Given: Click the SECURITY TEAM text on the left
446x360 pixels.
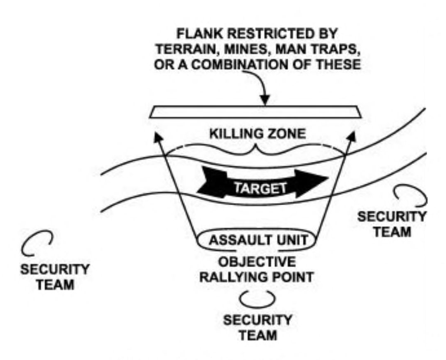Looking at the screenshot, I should (55, 277).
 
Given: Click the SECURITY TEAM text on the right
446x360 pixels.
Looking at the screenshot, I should (391, 224).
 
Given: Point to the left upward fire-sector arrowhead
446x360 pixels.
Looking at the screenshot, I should (157, 137).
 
